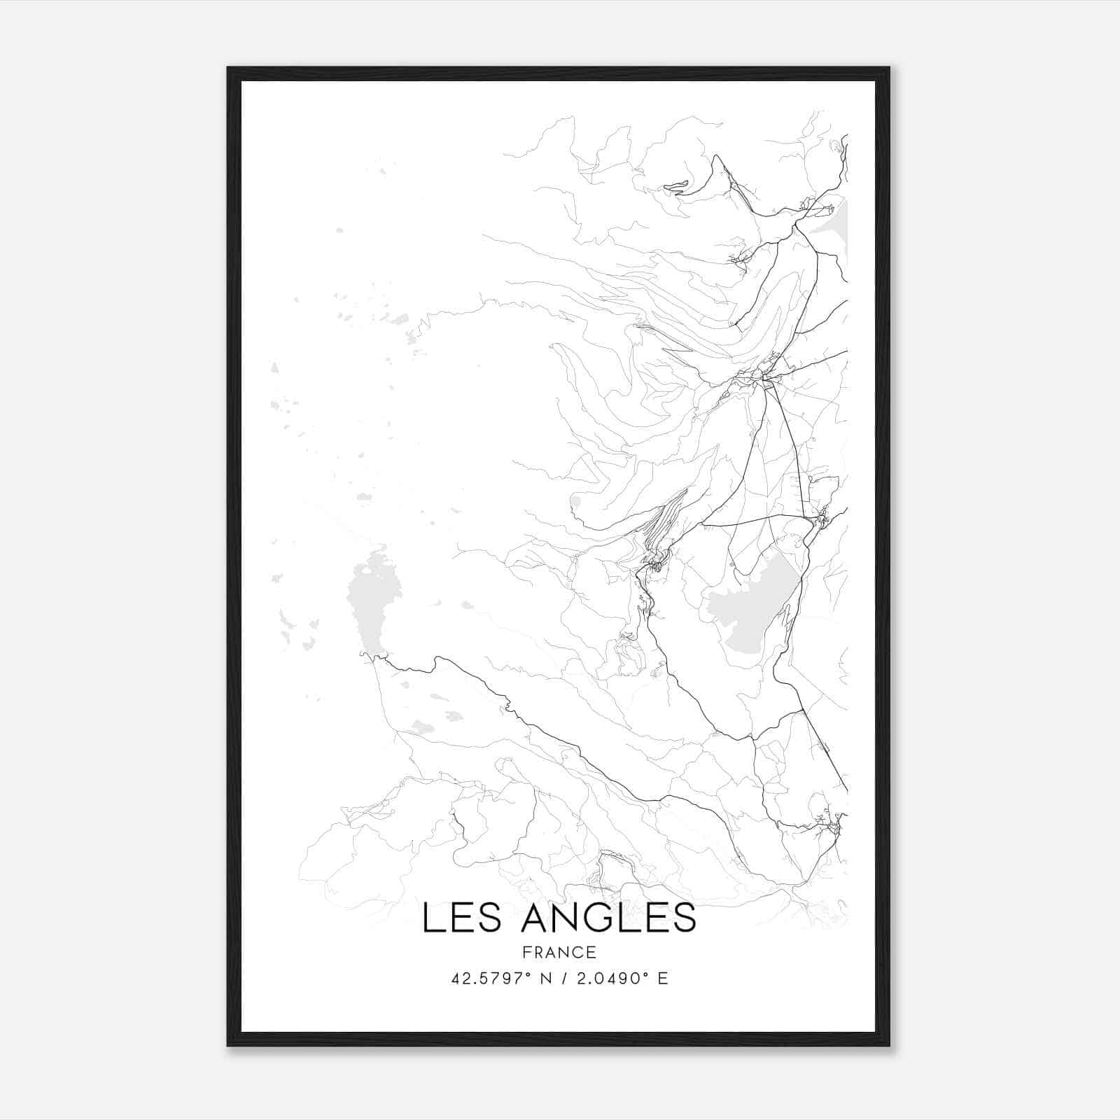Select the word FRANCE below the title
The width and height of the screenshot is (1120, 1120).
pos(559,952)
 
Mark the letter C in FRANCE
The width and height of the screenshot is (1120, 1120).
pos(574,952)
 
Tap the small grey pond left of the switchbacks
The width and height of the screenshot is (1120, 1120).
pos(575,500)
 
